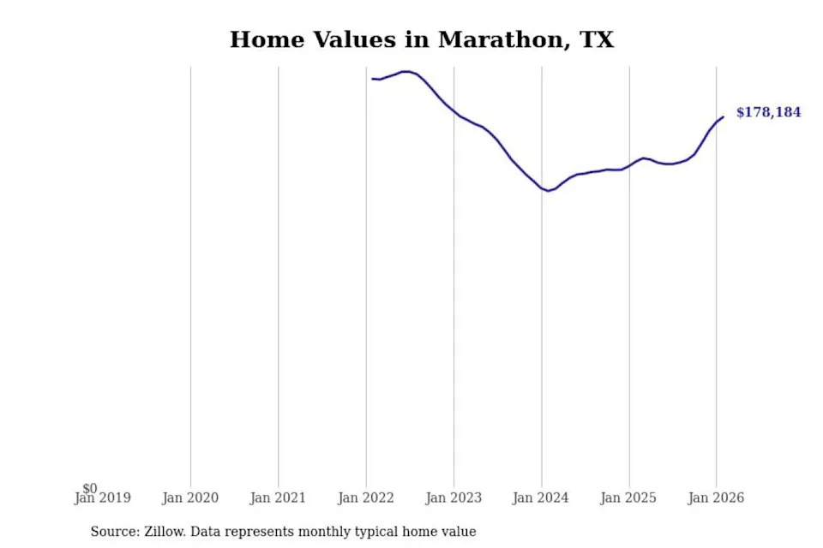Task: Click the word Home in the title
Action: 267,40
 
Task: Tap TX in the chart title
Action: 598,40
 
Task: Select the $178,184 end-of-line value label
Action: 769,112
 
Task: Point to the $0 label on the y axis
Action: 90,488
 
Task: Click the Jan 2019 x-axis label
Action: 103,497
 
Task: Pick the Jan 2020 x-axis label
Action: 190,497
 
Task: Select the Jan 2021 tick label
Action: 278,497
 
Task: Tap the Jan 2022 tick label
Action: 366,497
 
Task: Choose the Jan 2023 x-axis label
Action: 454,497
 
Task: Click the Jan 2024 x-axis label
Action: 541,497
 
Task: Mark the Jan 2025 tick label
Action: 628,497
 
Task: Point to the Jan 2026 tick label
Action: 717,497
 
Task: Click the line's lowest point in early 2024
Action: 549,191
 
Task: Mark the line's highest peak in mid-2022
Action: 406,71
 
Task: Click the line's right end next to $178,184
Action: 724,117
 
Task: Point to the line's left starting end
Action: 372,79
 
